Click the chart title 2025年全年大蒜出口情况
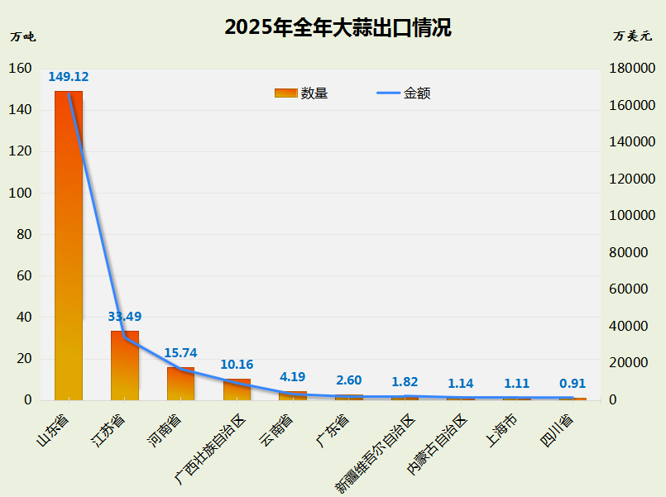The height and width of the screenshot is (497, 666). pos(338,28)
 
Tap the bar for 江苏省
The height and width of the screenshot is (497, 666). pos(125,365)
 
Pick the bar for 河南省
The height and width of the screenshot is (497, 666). pos(180,383)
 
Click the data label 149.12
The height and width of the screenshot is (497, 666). pos(69,77)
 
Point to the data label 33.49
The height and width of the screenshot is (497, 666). pos(125,316)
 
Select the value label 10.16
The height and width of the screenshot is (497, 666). pos(237,364)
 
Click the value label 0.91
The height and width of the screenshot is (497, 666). pos(573,384)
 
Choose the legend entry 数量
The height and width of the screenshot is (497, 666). pos(302,93)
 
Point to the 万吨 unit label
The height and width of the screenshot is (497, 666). pos(22,36)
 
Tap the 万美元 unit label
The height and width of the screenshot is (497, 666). pos(633,36)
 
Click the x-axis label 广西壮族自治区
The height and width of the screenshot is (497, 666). pos(212,449)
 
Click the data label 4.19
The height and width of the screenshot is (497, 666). pos(293,377)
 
